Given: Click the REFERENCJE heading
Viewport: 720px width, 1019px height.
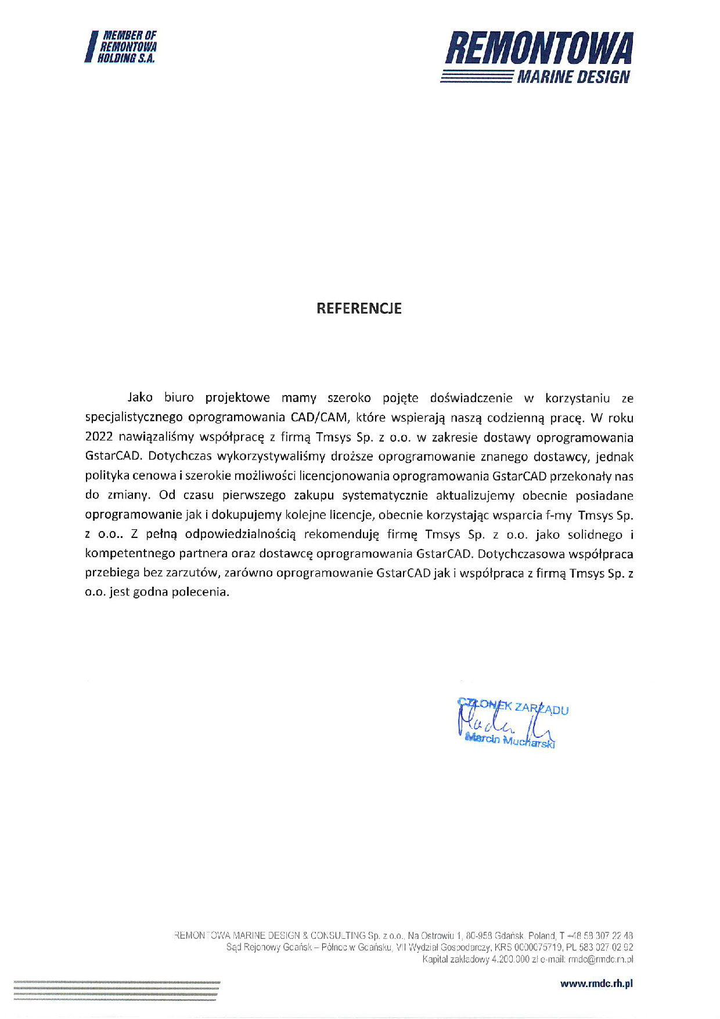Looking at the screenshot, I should pos(359,308).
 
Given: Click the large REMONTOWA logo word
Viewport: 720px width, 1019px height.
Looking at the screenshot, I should pos(538,49).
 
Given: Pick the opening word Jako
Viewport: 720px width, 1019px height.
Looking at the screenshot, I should pos(140,398).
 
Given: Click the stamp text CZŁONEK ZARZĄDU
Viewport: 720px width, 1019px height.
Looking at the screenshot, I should pos(513,706).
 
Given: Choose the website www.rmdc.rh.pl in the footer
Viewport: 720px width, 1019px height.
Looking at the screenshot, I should pos(596,984).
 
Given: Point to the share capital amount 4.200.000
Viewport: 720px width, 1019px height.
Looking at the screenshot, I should pos(510,959).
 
